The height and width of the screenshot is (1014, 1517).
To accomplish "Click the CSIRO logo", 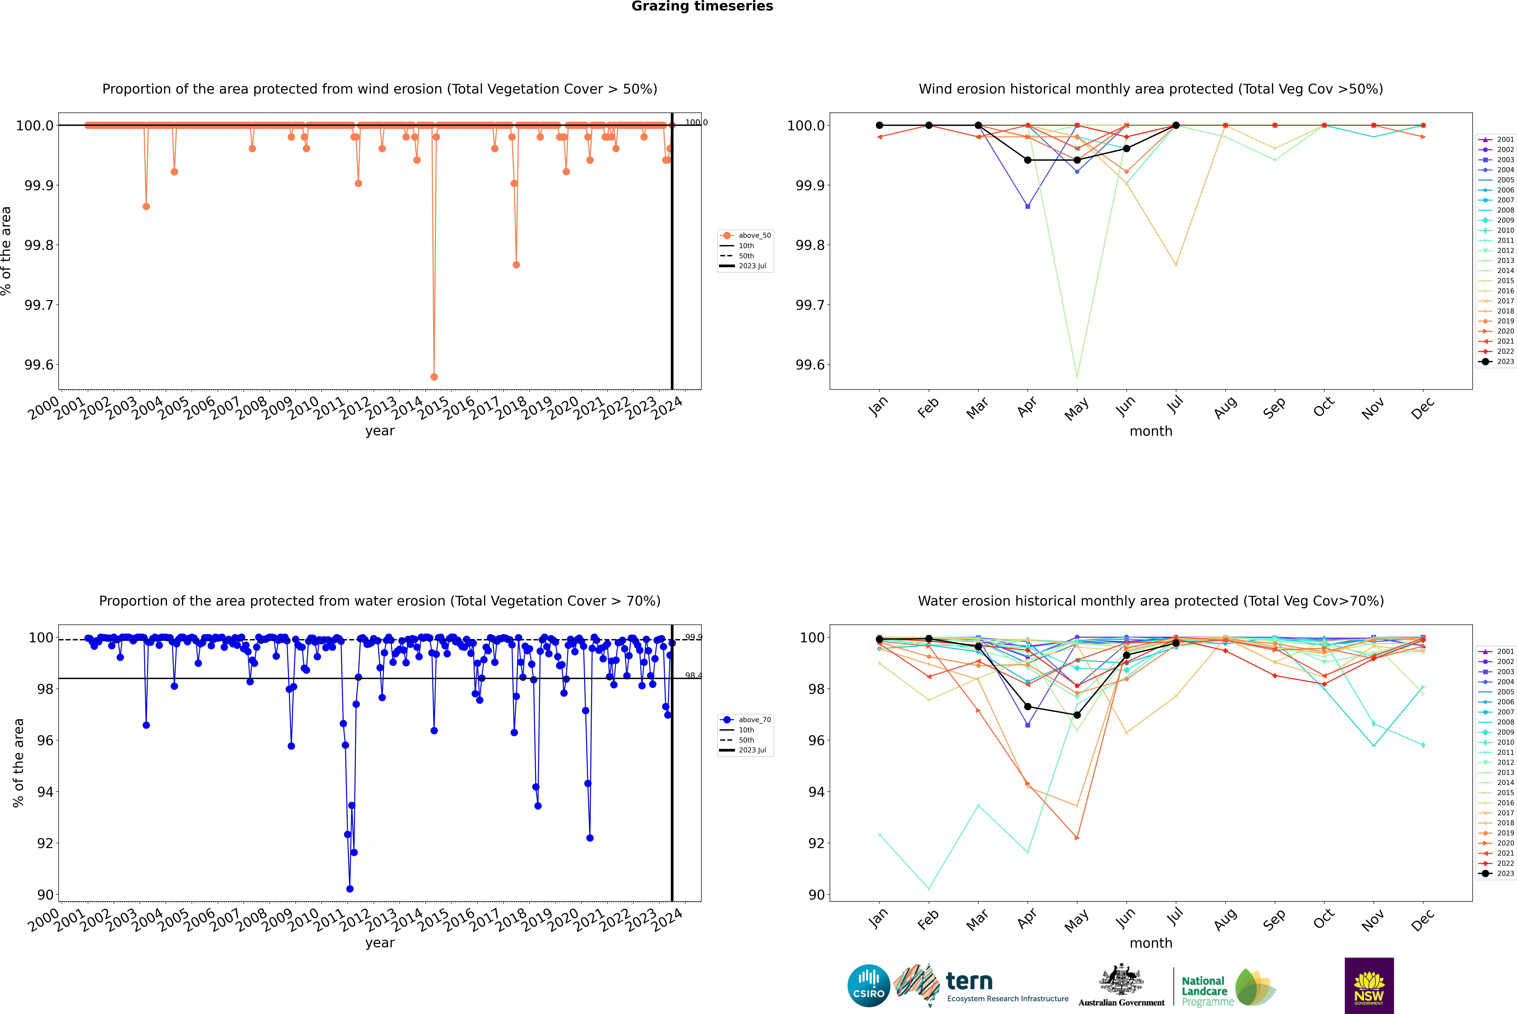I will (869, 986).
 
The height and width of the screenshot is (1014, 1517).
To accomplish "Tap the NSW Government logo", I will (1369, 986).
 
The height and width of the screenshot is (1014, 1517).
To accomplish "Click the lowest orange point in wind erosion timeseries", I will (434, 376).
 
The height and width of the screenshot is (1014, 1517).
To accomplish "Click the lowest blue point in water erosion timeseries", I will (350, 888).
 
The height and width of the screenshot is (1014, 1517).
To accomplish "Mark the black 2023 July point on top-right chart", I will (1176, 126).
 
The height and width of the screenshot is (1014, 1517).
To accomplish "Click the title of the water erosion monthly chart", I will (1150, 601).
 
